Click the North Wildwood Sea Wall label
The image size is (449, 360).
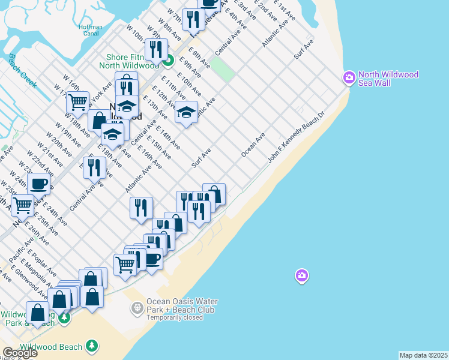388,79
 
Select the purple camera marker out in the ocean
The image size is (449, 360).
301,276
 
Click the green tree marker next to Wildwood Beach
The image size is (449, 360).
91,346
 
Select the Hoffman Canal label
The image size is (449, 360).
91,30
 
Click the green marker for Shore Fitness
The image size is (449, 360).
169,60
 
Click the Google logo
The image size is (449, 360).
19,353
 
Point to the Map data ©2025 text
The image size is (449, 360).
423,355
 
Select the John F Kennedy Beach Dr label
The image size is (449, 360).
297,136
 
